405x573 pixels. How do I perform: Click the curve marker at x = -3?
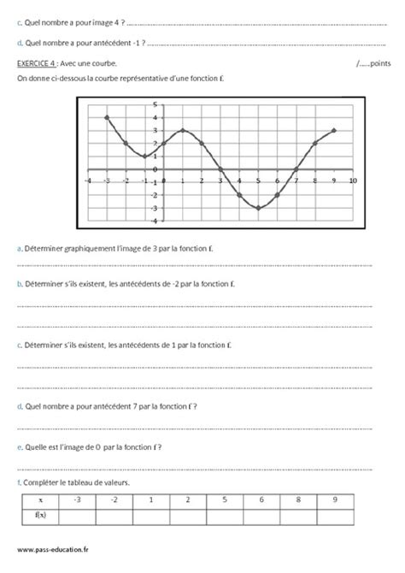coord(107,117)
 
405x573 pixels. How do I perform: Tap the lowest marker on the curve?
coord(258,208)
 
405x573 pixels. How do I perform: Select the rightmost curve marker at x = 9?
coord(334,131)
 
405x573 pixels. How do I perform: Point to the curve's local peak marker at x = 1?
coord(183,131)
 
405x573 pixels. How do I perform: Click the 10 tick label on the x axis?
coord(353,180)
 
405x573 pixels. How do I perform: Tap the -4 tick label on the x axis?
coord(88,180)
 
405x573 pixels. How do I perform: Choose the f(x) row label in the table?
coord(41,515)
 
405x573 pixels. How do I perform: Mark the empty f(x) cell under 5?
coord(224,515)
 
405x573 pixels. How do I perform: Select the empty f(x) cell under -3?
coord(78,515)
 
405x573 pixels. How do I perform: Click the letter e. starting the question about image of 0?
coord(20,448)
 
